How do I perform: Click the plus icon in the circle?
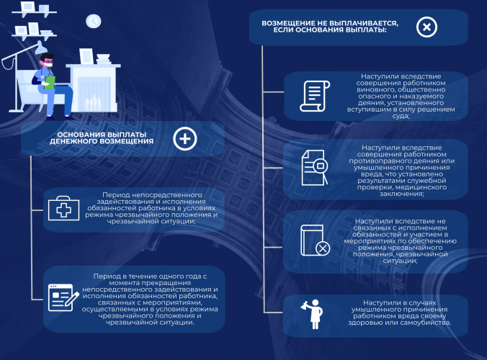point(185,139)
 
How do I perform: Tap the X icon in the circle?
point(426,27)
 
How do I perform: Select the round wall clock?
point(93,21)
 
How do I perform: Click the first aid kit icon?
point(63,208)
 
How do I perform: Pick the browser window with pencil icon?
point(63,297)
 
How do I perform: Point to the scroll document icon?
point(315,96)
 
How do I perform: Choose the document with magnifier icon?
point(315,168)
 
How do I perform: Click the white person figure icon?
point(313,314)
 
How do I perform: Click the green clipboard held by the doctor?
point(49,82)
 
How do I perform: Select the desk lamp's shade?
point(40,48)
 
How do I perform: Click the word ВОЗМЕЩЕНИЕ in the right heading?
point(288,23)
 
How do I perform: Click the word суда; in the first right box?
point(401,116)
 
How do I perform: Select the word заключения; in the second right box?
point(401,194)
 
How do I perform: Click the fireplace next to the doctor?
point(93,88)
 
